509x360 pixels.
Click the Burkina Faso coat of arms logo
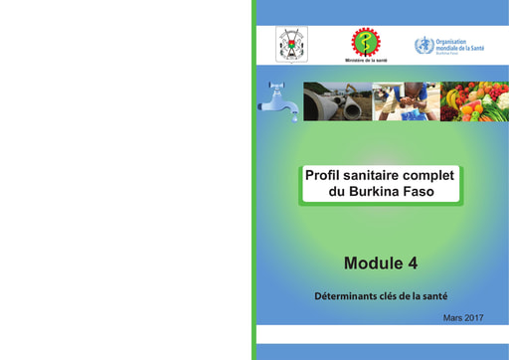point(291,45)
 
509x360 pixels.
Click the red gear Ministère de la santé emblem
point(365,42)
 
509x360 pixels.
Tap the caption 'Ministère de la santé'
point(366,61)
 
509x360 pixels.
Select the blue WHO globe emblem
point(424,46)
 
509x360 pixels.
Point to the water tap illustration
point(278,101)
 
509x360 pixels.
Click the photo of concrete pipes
point(337,101)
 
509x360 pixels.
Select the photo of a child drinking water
point(406,101)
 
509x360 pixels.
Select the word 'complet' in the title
point(430,175)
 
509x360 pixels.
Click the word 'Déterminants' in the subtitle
point(346,295)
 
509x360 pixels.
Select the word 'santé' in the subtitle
point(432,295)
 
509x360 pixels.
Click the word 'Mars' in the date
point(453,317)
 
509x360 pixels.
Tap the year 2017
point(474,317)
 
